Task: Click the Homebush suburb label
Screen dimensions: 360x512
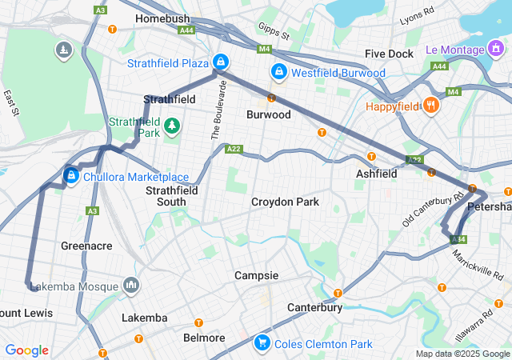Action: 162,18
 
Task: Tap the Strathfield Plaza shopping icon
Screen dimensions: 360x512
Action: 220,62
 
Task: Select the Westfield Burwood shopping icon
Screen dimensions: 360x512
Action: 278,72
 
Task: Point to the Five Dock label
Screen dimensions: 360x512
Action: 389,54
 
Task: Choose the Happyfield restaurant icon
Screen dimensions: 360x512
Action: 430,106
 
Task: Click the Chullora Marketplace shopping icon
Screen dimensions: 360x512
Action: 71,175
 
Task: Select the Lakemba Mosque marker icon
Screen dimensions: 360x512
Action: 131,286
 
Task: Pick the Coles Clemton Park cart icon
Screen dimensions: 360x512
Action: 262,343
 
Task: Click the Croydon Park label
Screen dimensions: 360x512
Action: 285,202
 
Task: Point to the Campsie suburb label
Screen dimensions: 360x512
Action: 256,275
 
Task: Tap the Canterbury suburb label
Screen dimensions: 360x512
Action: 315,307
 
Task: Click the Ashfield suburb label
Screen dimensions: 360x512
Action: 376,174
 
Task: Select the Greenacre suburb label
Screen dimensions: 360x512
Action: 86,246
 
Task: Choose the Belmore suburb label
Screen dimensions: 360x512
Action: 204,338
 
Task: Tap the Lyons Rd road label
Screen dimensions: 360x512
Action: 415,16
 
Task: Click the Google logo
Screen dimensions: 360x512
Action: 26,350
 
